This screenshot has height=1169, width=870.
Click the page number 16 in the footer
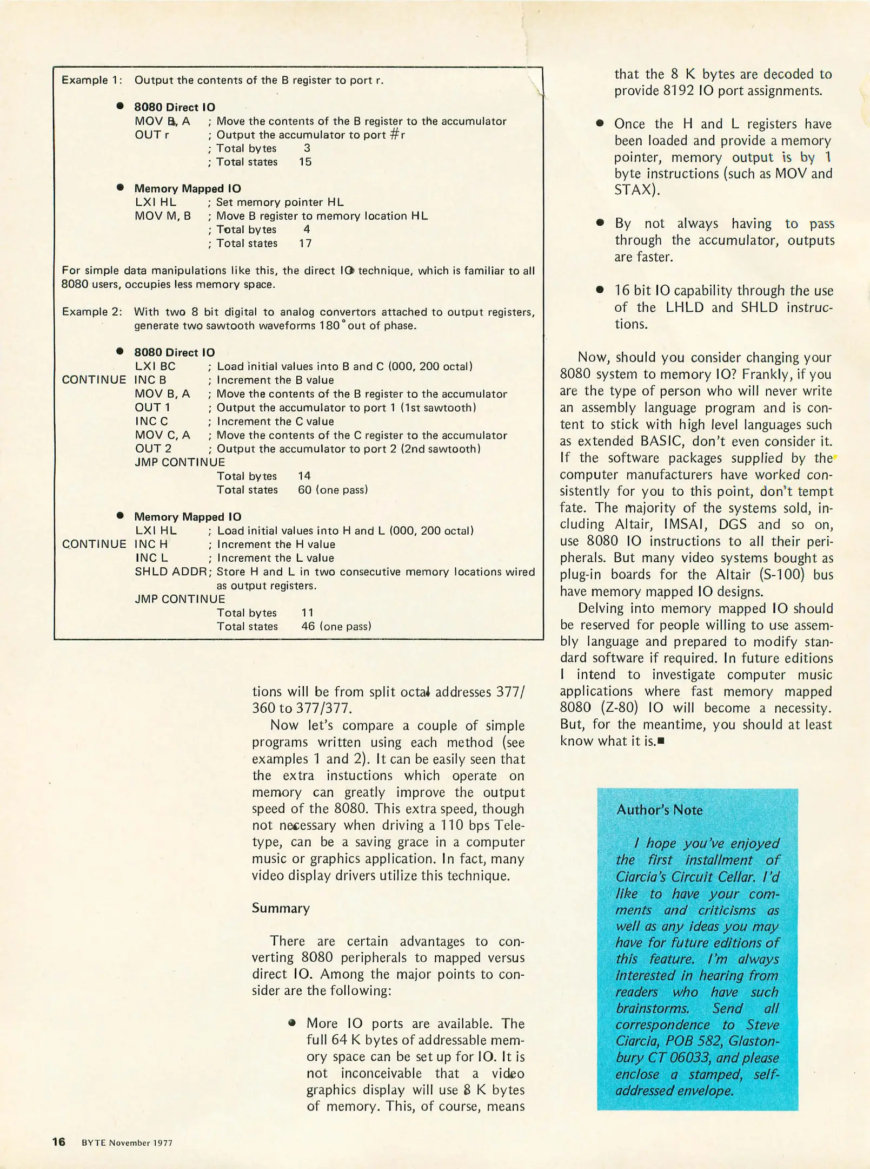tap(58, 1142)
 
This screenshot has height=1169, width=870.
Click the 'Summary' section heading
tap(281, 908)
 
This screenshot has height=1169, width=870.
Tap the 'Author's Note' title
tap(659, 810)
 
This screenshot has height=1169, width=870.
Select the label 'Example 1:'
tap(91, 80)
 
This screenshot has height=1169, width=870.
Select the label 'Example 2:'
tap(91, 312)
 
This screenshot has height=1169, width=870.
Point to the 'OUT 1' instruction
tap(152, 408)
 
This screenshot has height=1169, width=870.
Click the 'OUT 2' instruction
tap(153, 449)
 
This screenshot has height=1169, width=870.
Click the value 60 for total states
tap(306, 490)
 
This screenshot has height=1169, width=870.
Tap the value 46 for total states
tap(309, 627)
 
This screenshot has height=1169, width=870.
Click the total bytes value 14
tap(304, 476)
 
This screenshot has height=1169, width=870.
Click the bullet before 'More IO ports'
tap(293, 1023)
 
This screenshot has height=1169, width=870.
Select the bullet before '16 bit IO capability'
tap(599, 290)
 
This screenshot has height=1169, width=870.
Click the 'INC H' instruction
tap(151, 544)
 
